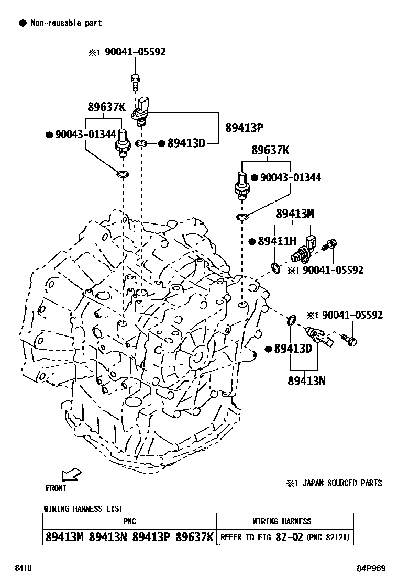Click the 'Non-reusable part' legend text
66,23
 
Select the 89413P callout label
244,127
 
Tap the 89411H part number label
277,241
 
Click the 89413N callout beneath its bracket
306,380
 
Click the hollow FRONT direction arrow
71,474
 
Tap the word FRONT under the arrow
56,488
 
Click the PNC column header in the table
129,521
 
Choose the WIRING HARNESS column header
282,521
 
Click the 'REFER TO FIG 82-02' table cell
262,537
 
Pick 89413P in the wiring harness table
152,537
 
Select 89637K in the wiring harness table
195,537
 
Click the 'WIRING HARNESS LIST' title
83,509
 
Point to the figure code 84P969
372,568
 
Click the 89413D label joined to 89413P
186,143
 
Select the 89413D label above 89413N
293,349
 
